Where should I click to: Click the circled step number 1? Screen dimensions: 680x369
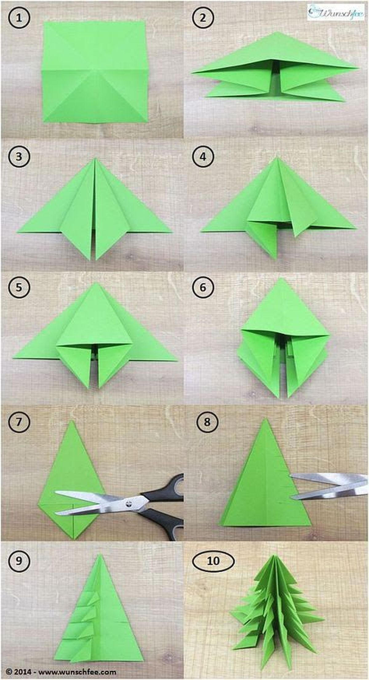pyautogui.click(x=19, y=18)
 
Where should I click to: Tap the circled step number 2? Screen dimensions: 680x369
pyautogui.click(x=203, y=18)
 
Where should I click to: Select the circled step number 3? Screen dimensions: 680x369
pyautogui.click(x=19, y=156)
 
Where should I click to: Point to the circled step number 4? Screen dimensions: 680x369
pyautogui.click(x=203, y=156)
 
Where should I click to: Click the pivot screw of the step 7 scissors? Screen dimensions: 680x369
pyautogui.click(x=129, y=503)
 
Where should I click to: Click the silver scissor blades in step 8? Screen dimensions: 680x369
pyautogui.click(x=326, y=485)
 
